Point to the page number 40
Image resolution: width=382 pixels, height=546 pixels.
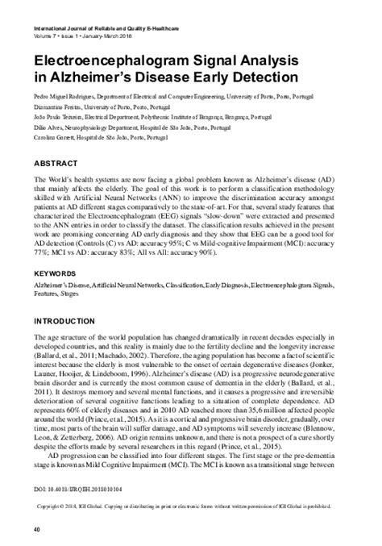point(36,529)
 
